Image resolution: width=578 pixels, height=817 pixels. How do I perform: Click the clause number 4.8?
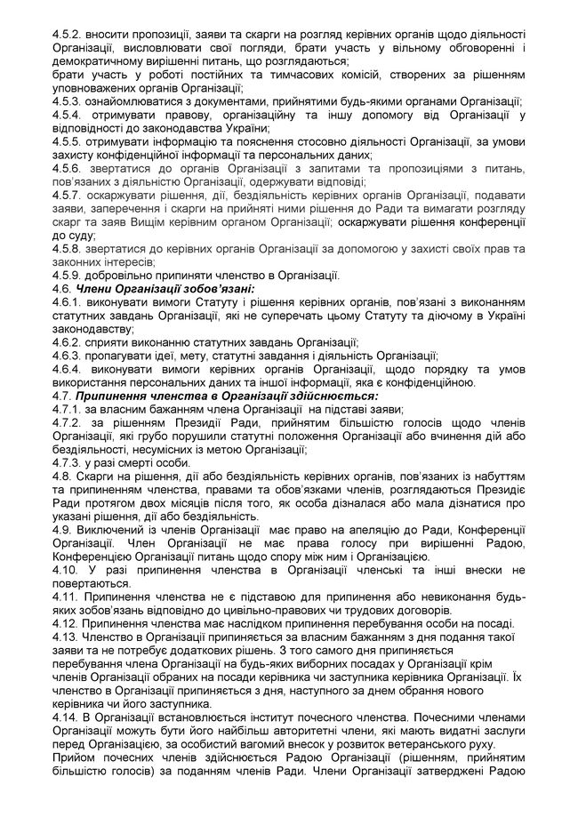pyautogui.click(x=64, y=477)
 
